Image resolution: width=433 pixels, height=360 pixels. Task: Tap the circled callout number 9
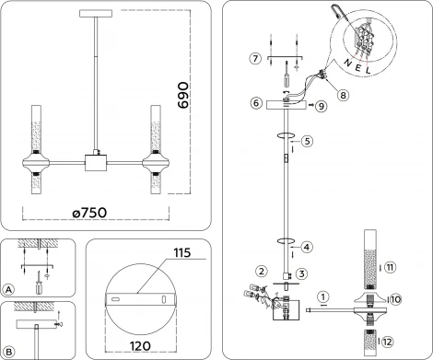pyautogui.click(x=322, y=107)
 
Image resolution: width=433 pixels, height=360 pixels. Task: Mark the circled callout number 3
pyautogui.click(x=301, y=274)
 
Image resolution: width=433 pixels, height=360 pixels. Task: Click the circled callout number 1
pyautogui.click(x=323, y=296)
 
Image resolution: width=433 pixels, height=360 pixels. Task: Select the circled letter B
pyautogui.click(x=10, y=352)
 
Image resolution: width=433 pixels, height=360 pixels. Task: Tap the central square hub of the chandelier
pyautogui.click(x=94, y=163)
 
